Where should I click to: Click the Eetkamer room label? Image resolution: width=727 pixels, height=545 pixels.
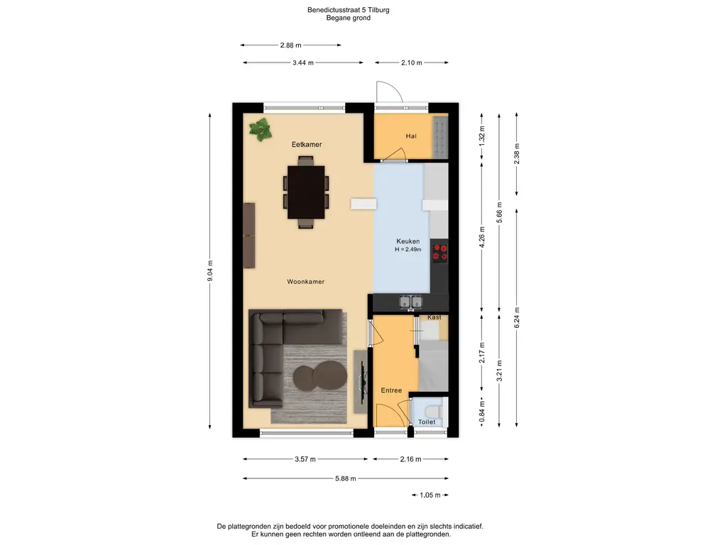click(307, 145)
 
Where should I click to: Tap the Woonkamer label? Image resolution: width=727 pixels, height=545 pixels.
click(305, 282)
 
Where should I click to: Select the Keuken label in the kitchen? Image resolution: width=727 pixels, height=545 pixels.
click(408, 241)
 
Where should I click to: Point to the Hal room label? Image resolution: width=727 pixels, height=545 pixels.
click(411, 136)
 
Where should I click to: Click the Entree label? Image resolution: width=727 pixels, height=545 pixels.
click(391, 391)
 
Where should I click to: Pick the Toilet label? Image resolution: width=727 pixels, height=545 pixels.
click(427, 422)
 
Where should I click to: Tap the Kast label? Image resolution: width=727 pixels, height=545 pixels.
click(434, 317)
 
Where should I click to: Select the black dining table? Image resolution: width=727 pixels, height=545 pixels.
click(306, 192)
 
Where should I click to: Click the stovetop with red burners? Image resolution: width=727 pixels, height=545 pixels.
click(439, 252)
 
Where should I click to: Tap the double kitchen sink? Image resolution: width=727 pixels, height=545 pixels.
click(411, 302)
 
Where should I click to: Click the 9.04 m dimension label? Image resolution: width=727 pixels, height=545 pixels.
click(210, 270)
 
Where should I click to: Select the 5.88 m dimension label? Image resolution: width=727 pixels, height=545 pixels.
click(346, 479)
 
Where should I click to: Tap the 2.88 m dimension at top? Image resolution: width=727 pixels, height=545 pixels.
click(290, 45)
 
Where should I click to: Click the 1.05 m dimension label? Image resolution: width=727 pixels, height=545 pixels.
click(430, 495)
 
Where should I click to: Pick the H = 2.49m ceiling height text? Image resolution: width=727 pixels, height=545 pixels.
click(408, 250)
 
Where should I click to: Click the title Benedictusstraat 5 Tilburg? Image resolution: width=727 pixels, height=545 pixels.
click(348, 10)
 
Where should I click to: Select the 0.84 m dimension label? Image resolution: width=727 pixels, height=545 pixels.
click(482, 412)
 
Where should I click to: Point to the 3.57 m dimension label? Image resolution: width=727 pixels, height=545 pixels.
click(305, 459)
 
